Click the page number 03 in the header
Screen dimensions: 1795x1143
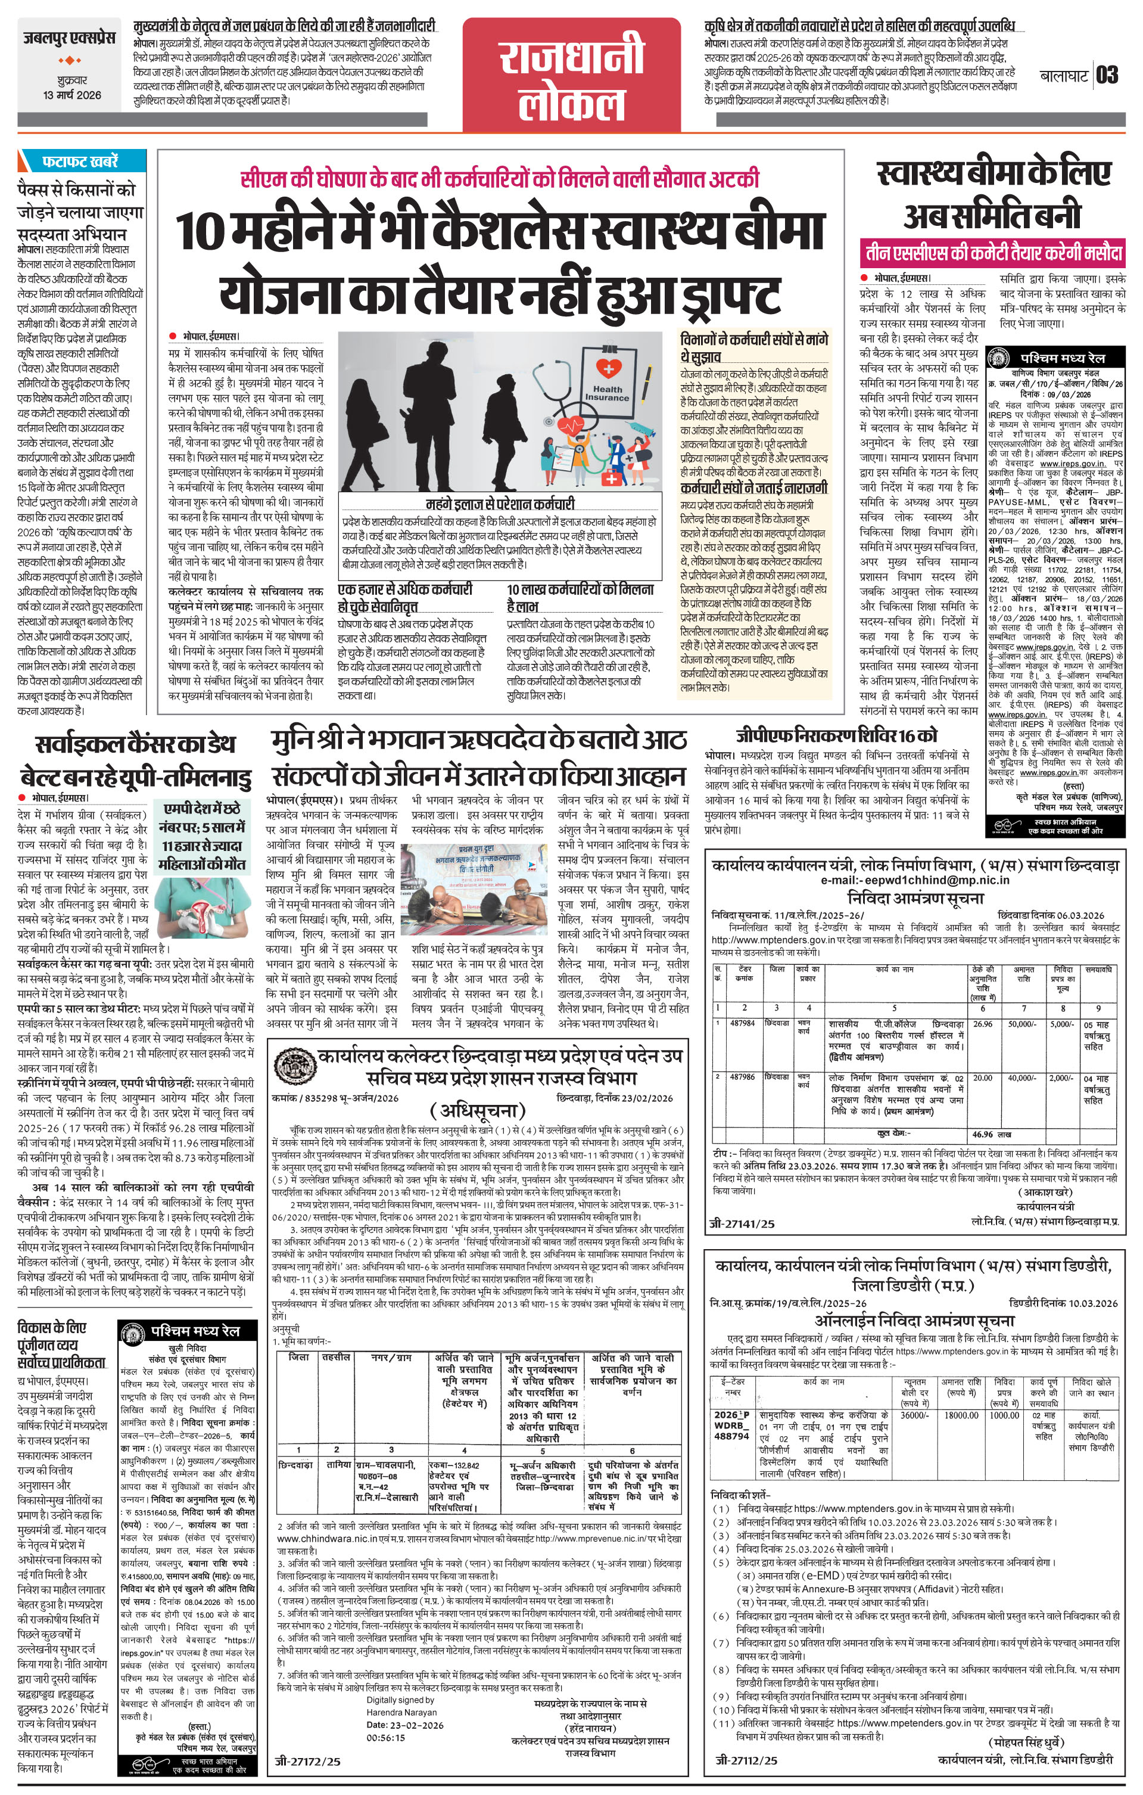point(1107,75)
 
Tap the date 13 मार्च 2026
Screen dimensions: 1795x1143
point(71,95)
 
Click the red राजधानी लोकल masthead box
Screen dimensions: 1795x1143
point(572,74)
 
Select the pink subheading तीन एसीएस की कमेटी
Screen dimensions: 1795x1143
point(991,253)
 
